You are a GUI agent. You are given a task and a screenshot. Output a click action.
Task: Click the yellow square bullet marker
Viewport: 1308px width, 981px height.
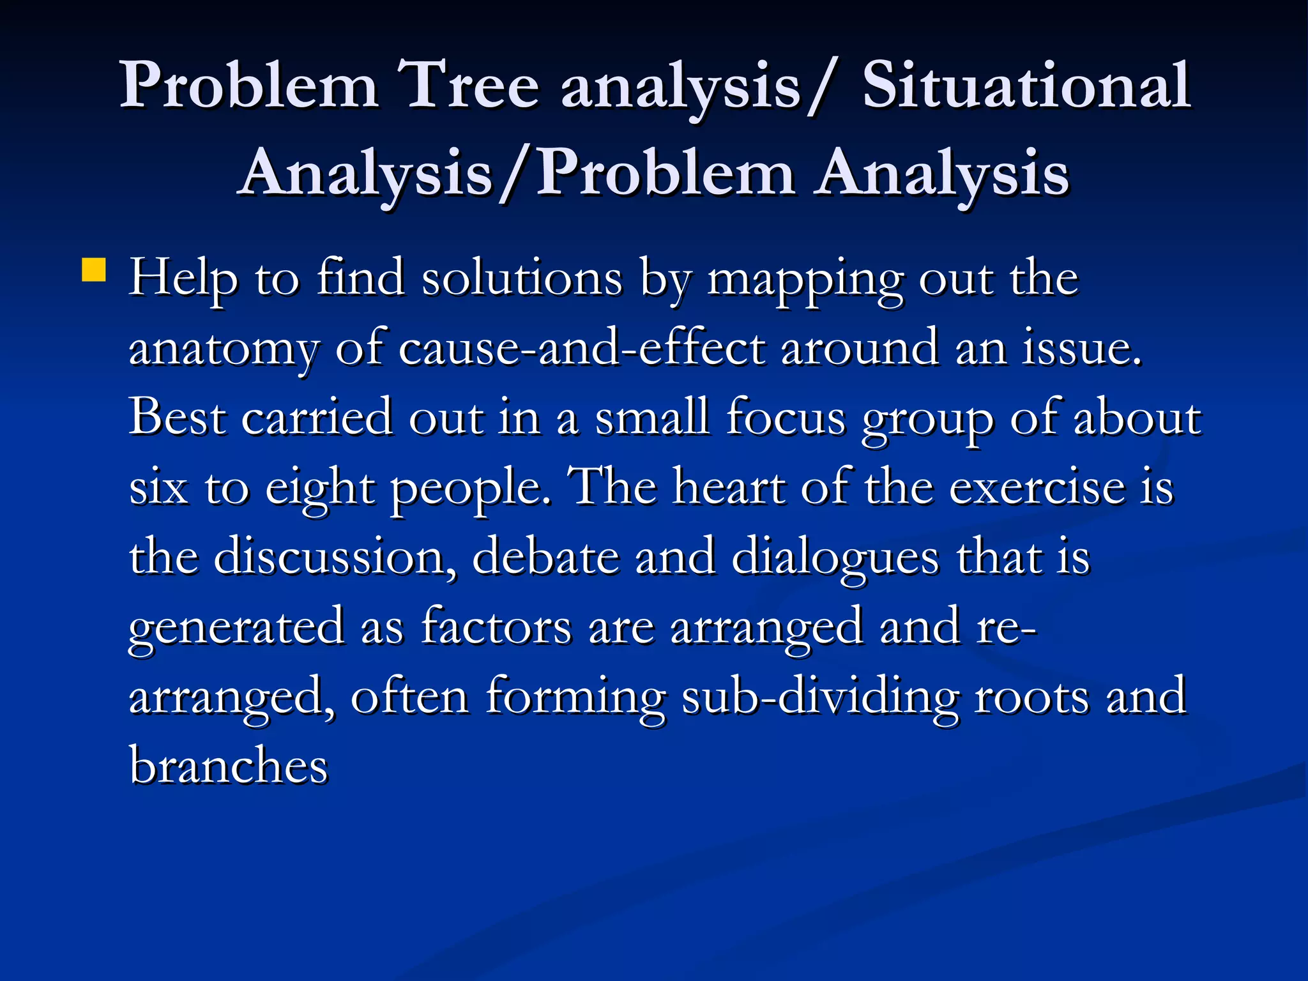[94, 270]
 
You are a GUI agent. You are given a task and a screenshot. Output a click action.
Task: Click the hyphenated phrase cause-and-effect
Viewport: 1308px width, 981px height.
[582, 349]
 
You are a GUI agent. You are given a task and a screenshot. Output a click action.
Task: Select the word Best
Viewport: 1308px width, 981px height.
[178, 418]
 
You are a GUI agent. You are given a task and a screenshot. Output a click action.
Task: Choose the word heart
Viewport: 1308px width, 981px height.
[729, 488]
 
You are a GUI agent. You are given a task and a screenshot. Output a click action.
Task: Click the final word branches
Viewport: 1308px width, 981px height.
[229, 765]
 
